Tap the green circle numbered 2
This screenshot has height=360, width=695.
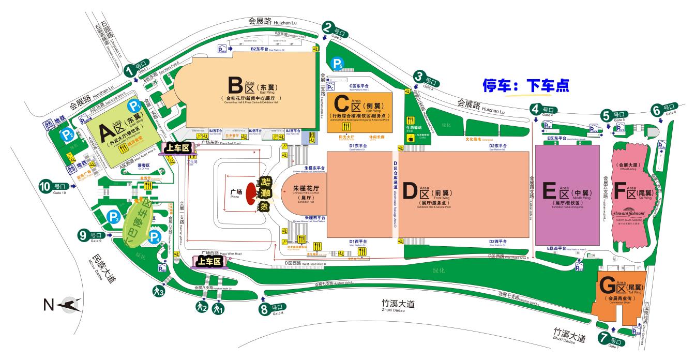pos(327,27)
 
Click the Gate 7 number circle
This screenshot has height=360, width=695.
pos(604,339)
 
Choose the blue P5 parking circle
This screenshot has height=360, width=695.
pos(338,64)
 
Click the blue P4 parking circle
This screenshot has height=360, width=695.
pos(154,237)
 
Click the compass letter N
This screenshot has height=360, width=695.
pos(49,306)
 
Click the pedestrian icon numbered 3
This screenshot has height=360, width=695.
pos(159,291)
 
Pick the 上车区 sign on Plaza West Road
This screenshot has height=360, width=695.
pos(210,262)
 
